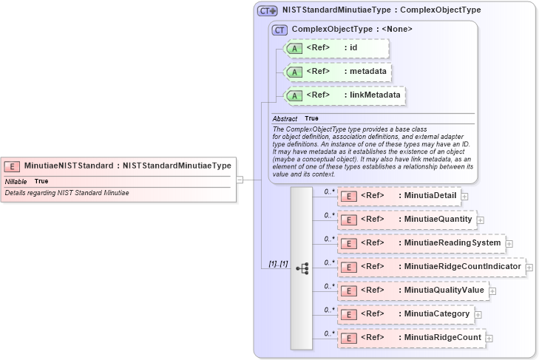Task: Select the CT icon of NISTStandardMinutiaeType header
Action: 267,10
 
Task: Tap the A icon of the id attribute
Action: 294,48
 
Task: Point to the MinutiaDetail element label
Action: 430,195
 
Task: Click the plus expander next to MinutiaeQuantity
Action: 481,220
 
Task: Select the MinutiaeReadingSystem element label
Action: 452,242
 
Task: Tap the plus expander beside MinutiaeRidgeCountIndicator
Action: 529,267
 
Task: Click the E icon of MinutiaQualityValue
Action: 348,291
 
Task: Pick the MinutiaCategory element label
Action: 436,313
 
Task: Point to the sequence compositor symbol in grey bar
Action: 302,268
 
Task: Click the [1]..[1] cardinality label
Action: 278,264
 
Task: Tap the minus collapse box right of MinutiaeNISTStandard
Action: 240,179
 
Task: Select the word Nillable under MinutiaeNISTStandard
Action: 16,181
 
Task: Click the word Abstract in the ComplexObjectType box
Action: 285,118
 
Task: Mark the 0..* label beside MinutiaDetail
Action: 330,191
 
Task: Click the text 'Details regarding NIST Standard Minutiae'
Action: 67,193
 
